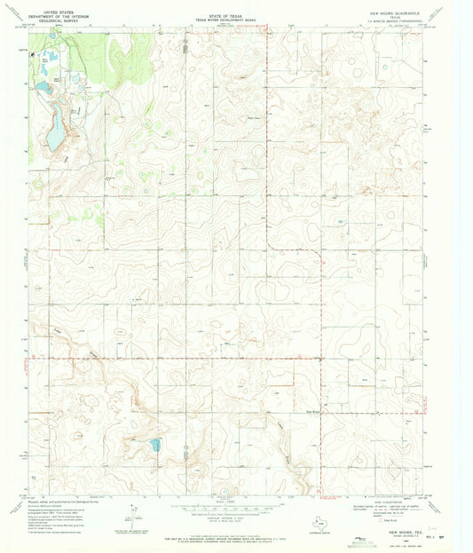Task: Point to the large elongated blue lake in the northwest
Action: [x=56, y=133]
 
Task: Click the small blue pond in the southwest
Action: [x=156, y=444]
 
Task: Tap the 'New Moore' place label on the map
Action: [x=317, y=411]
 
